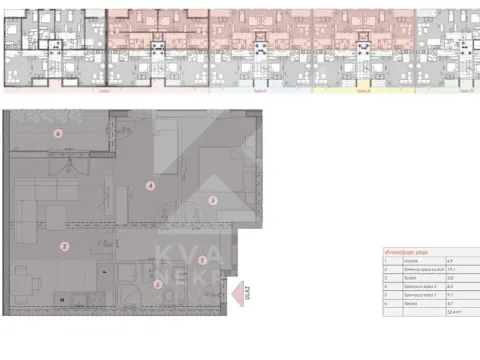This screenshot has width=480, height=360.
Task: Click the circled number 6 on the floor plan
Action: click(x=59, y=133)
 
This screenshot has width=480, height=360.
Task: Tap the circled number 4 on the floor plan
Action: click(x=150, y=186)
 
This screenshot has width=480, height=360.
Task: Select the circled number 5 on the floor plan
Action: click(x=212, y=200)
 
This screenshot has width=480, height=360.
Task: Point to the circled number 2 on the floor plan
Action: click(x=64, y=246)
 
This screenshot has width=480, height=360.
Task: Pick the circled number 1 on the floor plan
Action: click(x=203, y=260)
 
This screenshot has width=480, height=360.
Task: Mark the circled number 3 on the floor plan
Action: click(x=158, y=284)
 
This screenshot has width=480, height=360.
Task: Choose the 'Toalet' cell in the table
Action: click(x=400, y=277)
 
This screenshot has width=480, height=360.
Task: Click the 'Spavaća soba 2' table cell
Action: click(x=407, y=285)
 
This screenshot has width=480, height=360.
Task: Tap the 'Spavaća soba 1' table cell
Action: click(x=407, y=293)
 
